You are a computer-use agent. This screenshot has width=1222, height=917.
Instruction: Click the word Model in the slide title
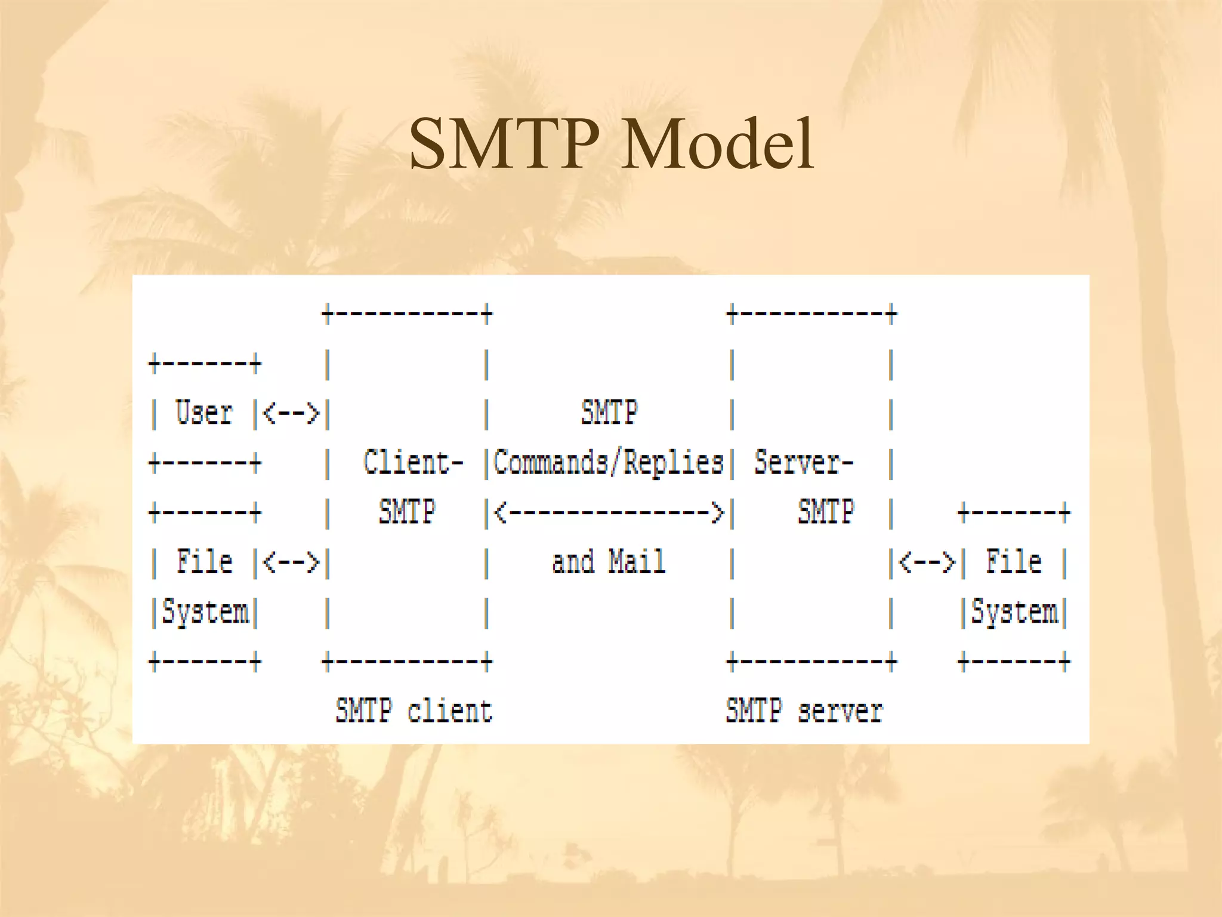click(x=717, y=145)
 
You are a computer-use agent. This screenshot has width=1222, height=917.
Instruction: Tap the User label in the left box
click(x=203, y=413)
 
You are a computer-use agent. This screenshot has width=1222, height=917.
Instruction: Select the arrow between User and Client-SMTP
click(x=291, y=413)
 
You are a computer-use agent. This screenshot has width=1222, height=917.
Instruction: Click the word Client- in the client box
click(x=413, y=463)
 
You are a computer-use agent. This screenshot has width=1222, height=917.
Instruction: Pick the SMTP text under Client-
click(x=407, y=512)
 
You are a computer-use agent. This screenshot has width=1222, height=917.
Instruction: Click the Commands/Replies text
click(x=609, y=463)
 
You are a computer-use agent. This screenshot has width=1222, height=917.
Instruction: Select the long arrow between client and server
click(x=609, y=512)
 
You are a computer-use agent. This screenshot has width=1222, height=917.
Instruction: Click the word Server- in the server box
click(x=804, y=463)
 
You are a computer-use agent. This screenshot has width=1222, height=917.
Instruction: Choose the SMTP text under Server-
click(x=826, y=512)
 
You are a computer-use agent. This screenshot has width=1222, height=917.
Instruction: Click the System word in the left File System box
click(x=205, y=613)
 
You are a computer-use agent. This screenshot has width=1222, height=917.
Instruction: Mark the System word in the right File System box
click(x=1014, y=613)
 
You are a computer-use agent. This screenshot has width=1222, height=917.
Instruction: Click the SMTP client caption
click(x=413, y=711)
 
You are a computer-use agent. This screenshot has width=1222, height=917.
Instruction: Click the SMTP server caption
click(x=804, y=711)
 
